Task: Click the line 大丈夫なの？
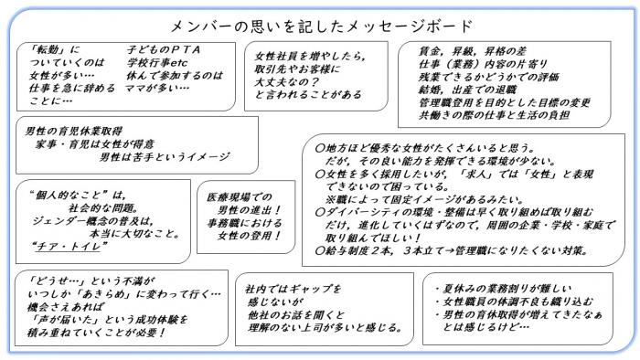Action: point(291,81)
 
